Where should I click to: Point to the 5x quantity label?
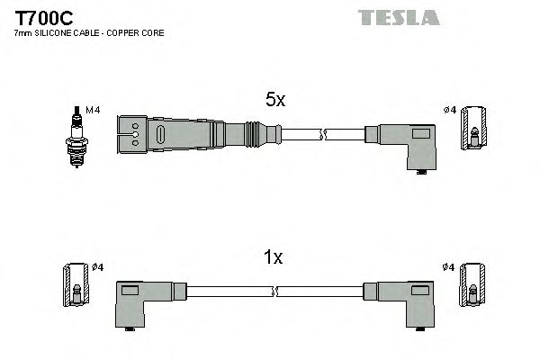click(274, 101)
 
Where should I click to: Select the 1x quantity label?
click(273, 257)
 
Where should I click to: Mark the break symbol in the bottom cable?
click(274, 292)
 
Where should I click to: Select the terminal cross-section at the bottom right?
click(472, 287)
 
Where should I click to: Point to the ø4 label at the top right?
click(450, 110)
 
